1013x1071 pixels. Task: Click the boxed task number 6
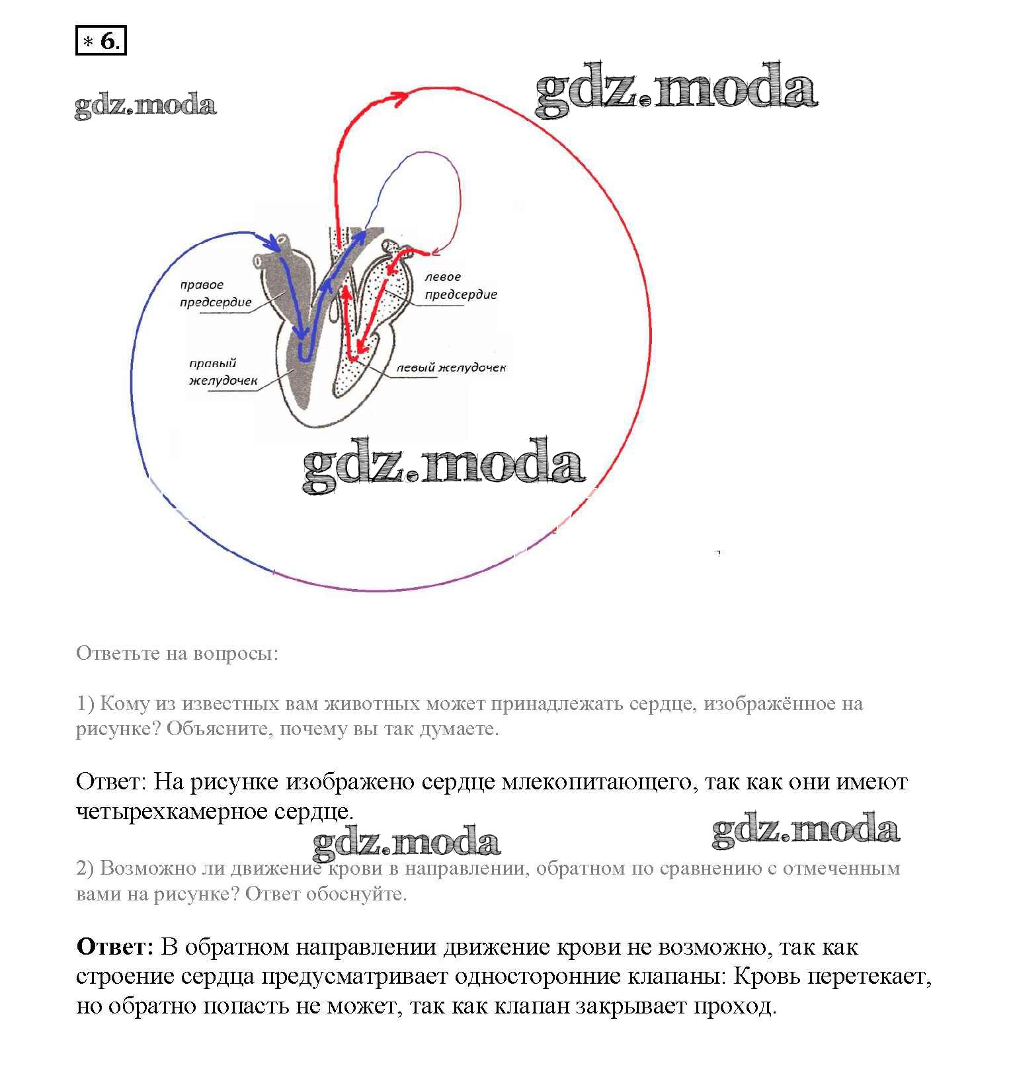pos(101,42)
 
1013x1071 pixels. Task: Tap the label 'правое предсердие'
pos(215,294)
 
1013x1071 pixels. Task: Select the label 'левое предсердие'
pos(460,286)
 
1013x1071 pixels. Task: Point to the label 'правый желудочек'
pos(222,372)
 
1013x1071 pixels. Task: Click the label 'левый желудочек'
pos(450,368)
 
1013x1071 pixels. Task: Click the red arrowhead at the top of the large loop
pos(399,97)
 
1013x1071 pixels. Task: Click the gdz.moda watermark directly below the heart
pos(443,465)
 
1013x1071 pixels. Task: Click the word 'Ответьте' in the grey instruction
pos(118,653)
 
